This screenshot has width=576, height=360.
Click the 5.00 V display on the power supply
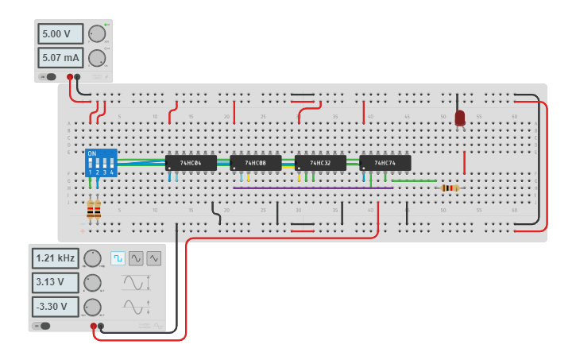[60, 35]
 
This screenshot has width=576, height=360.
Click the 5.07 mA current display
[60, 57]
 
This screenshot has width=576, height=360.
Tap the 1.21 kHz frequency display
[56, 258]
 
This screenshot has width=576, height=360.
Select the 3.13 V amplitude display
[56, 283]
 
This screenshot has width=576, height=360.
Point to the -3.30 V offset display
[56, 307]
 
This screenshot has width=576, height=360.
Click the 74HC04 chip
[191, 163]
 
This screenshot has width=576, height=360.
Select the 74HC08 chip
[256, 163]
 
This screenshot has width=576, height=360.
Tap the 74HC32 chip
[320, 163]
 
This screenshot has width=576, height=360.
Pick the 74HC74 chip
[385, 163]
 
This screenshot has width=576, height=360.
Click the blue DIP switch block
[101, 162]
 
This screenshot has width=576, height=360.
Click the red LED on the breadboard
[460, 118]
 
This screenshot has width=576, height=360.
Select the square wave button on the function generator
[118, 258]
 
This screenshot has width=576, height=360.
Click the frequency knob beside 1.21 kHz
[93, 258]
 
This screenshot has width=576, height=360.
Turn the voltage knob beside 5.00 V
[97, 34]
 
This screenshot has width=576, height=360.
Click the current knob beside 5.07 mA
[97, 57]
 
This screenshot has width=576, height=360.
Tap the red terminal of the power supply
[70, 77]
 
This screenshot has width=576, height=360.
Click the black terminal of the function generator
[101, 326]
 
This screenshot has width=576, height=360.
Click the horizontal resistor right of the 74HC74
[449, 188]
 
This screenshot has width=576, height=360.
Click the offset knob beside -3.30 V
[93, 308]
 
